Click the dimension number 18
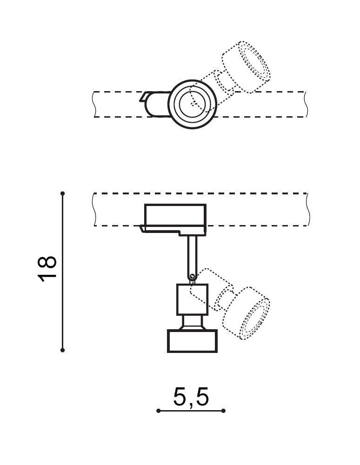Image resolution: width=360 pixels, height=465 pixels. [47, 269]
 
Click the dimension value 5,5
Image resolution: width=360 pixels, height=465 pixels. [191, 397]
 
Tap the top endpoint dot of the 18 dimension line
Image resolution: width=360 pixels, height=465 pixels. [62, 193]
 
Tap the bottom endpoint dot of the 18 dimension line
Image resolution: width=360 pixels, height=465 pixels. [62, 350]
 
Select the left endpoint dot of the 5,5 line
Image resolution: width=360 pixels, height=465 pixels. [158, 411]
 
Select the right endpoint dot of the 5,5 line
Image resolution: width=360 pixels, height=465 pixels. [223, 411]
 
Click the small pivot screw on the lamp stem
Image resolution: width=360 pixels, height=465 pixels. [192, 277]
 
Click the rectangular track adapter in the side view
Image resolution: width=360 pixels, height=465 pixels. [175, 214]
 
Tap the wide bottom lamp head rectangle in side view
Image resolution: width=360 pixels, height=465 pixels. [192, 341]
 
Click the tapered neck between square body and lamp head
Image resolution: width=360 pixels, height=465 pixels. [192, 323]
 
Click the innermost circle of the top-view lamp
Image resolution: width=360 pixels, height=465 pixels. [192, 104]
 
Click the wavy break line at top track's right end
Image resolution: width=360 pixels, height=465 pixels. [307, 104]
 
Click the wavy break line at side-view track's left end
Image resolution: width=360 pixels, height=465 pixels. [94, 209]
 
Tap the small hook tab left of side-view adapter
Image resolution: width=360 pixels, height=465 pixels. [142, 228]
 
